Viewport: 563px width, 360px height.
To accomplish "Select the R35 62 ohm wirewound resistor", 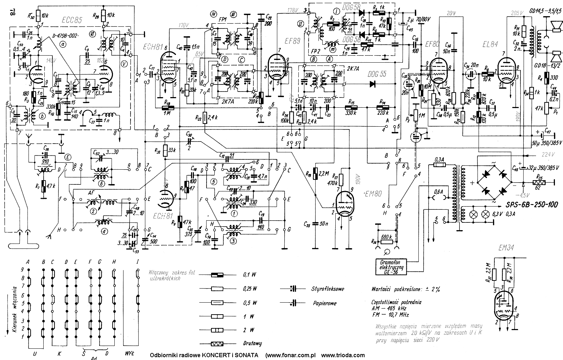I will [x=538, y=182].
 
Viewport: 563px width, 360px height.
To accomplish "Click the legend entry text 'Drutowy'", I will [x=252, y=343].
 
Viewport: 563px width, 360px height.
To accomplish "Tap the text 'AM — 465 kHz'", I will [x=390, y=308].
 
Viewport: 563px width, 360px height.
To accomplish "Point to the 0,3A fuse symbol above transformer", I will [x=438, y=164].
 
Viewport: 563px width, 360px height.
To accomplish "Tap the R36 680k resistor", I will [x=387, y=237].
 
